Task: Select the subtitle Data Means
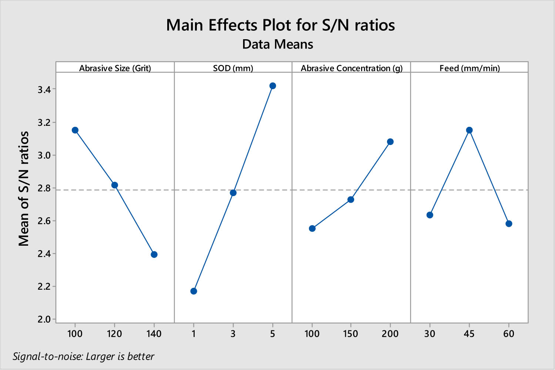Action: coord(277,44)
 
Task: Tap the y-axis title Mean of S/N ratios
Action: coord(24,189)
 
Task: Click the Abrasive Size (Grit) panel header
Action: coord(115,68)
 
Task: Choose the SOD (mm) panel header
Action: coord(233,68)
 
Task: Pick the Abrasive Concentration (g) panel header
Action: coord(351,68)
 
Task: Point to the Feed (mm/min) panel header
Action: coord(470,68)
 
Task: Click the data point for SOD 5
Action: coord(273,86)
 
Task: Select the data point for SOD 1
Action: coord(194,291)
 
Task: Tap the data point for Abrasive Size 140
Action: coord(154,255)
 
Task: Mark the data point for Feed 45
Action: coord(469,130)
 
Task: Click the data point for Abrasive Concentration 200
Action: coord(390,142)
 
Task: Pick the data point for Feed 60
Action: coord(509,224)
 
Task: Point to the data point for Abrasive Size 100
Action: coord(75,130)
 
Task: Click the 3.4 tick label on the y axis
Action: coord(44,90)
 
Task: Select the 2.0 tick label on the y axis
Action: coord(44,319)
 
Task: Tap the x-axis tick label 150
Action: coord(350,334)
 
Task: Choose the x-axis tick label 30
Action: coord(430,334)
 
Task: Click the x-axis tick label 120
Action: coord(114,334)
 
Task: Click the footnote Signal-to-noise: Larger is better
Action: coord(84,356)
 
